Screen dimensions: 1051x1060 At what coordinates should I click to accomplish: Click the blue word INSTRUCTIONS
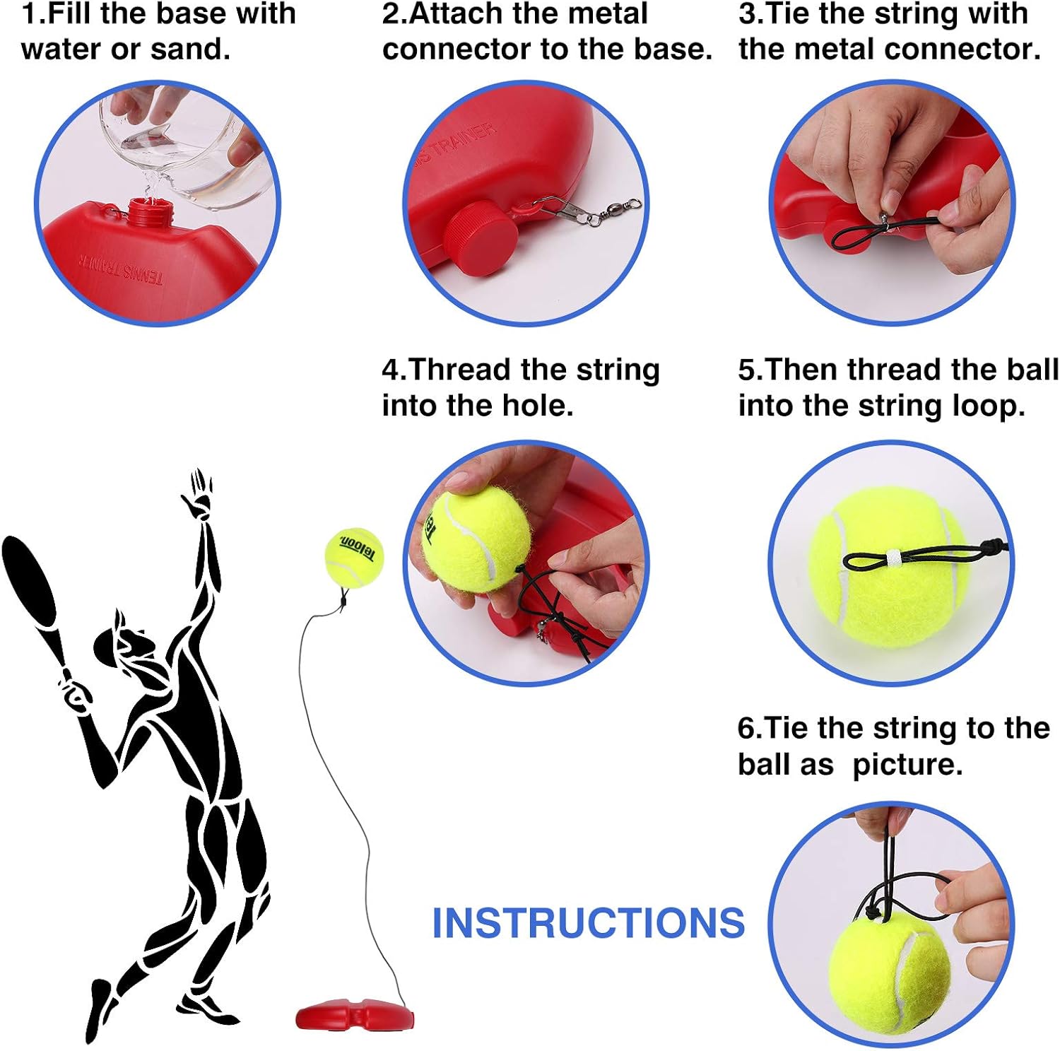click(588, 923)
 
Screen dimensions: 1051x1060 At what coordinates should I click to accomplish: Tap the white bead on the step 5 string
click(892, 556)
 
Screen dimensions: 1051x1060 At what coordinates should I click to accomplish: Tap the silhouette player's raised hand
click(198, 495)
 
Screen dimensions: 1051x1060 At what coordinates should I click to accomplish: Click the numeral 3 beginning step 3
click(746, 14)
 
